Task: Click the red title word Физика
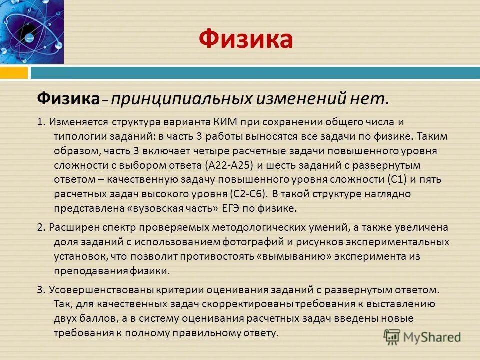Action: point(245,39)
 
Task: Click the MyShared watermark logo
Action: point(422,336)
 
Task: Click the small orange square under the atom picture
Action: point(14,73)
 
